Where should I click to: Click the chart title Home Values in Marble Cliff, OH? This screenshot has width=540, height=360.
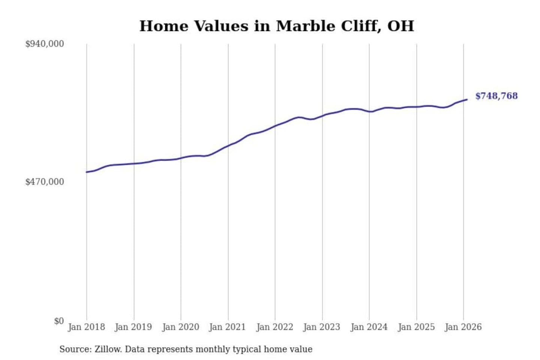tap(277, 26)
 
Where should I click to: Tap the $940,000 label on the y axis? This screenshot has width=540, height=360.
tap(45, 44)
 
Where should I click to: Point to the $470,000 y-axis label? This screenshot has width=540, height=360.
tap(45, 182)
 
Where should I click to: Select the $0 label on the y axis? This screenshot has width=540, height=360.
tap(59, 321)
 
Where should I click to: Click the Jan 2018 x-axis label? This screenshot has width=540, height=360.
tap(86, 327)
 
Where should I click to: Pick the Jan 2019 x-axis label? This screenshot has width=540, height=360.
tap(133, 327)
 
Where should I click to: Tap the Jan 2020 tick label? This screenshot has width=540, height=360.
tap(180, 327)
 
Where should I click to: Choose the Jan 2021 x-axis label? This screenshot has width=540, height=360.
tap(227, 327)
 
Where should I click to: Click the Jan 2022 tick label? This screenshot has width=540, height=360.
tap(274, 327)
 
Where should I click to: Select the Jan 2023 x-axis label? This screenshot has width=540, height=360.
tap(321, 327)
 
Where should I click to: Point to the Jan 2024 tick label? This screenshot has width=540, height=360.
tap(369, 327)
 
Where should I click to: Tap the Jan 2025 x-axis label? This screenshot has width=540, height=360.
tap(416, 327)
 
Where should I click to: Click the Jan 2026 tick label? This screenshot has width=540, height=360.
tap(463, 327)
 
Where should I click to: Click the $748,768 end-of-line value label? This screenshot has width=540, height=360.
tap(496, 96)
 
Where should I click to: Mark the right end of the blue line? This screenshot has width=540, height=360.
tap(467, 99)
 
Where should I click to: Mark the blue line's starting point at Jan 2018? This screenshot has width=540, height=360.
tap(87, 172)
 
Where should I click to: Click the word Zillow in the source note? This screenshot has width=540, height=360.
tap(108, 349)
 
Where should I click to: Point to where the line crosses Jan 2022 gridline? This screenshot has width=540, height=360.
tap(275, 126)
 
